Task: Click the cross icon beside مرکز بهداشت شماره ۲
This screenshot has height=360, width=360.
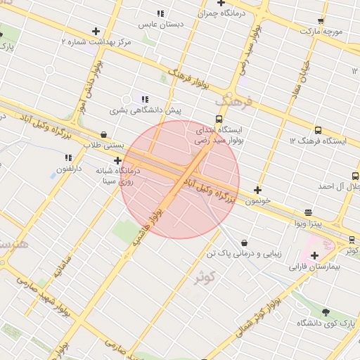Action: pos(96,32)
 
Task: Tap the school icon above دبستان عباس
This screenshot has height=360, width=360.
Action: pos(160,13)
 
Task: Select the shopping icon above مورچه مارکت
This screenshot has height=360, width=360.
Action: pos(321,21)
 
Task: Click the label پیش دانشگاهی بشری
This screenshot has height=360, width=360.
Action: pos(145,111)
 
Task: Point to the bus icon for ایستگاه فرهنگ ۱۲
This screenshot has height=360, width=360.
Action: pos(319,130)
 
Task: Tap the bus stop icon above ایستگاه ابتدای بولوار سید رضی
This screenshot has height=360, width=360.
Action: pos(219,120)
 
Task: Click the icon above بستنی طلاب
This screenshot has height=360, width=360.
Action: pos(104,134)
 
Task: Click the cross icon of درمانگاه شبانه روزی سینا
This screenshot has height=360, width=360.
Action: pos(117,161)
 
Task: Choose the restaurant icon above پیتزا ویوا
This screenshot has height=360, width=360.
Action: pos(308,212)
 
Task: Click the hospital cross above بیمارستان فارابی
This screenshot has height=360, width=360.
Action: pos(314,256)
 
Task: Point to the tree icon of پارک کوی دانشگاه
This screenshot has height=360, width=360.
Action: pos(325,311)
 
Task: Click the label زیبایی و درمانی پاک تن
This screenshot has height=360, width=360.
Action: pos(243,252)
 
